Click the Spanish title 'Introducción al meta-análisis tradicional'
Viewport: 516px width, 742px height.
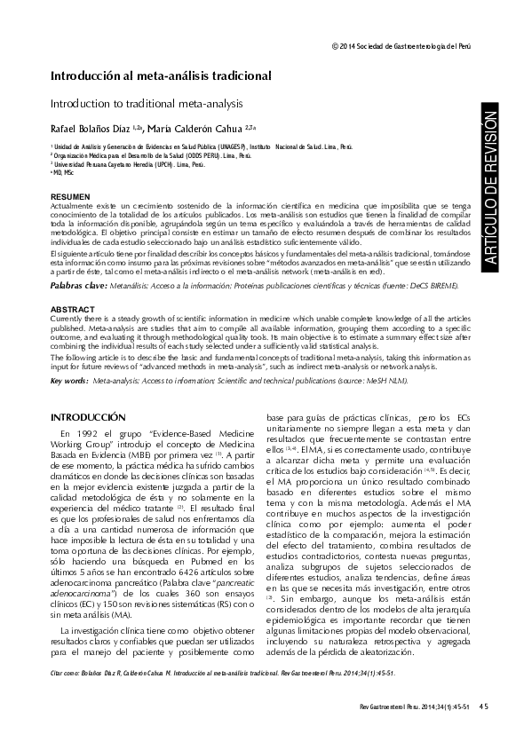(160, 77)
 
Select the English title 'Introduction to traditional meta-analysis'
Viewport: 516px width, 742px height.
(154, 104)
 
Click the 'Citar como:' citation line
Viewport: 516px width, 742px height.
(222, 674)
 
